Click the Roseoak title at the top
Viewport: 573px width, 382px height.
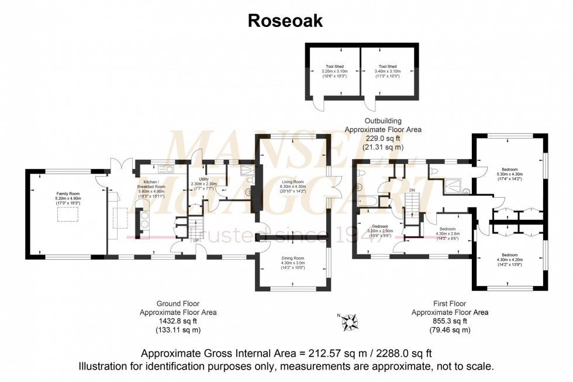(286, 21)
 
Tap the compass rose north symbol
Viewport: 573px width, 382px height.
(350, 321)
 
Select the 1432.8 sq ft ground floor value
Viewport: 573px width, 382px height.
(178, 321)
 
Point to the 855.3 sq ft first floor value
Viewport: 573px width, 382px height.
(450, 321)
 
